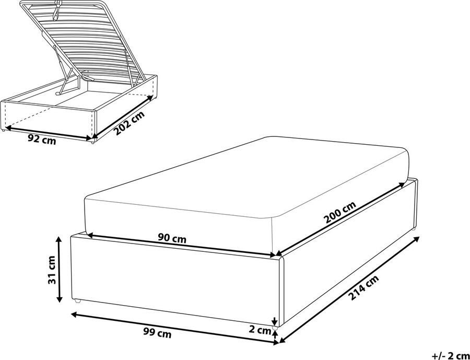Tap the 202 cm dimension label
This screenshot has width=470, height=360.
coord(129,124)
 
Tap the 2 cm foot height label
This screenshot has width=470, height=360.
coord(260,330)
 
